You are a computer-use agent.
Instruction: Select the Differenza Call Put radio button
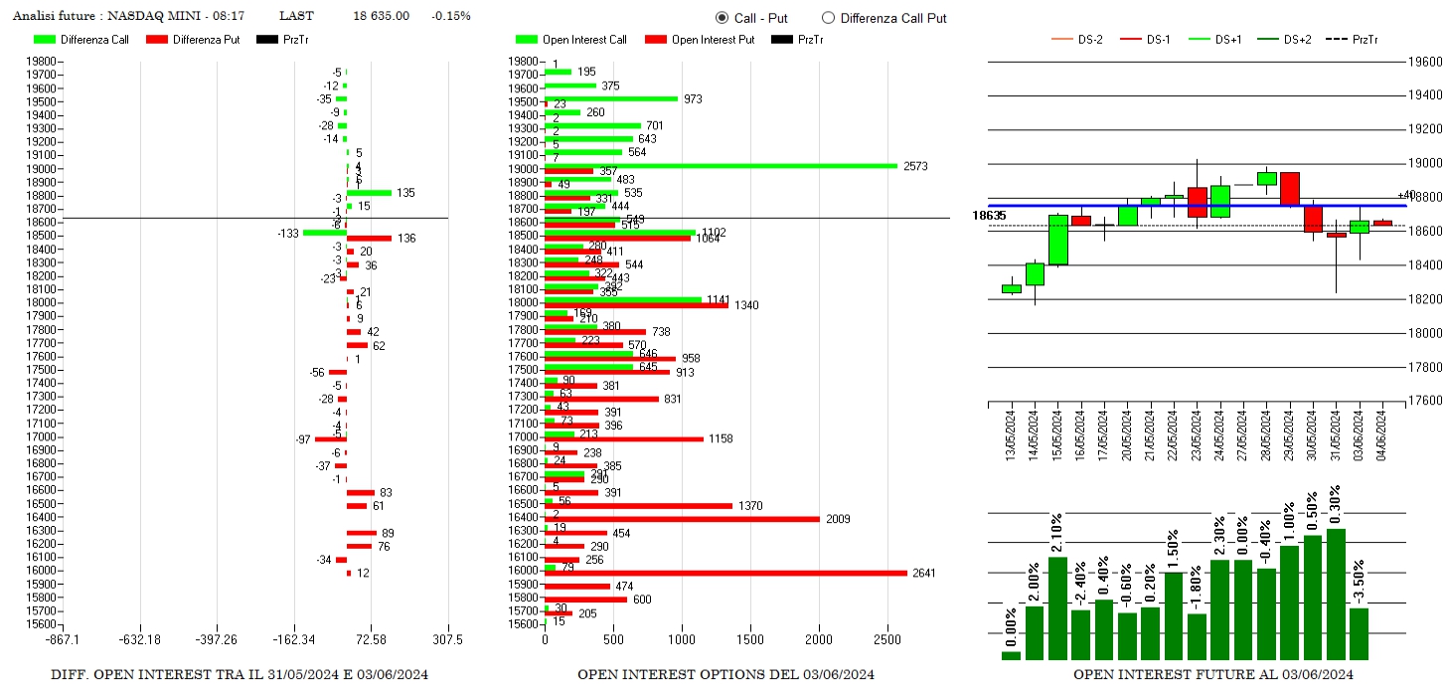[828, 18]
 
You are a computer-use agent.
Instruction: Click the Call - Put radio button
[722, 18]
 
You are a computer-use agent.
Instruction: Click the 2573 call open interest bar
[721, 166]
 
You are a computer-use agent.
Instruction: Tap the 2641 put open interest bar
[725, 573]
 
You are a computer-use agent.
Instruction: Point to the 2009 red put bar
[682, 519]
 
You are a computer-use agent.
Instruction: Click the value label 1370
[750, 506]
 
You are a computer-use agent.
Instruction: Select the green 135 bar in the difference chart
[369, 193]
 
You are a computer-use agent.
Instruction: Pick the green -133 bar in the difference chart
[324, 233]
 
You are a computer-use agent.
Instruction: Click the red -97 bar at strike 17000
[330, 438]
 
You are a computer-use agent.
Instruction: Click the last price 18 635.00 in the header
[381, 16]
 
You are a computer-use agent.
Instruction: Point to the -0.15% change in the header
[451, 16]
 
